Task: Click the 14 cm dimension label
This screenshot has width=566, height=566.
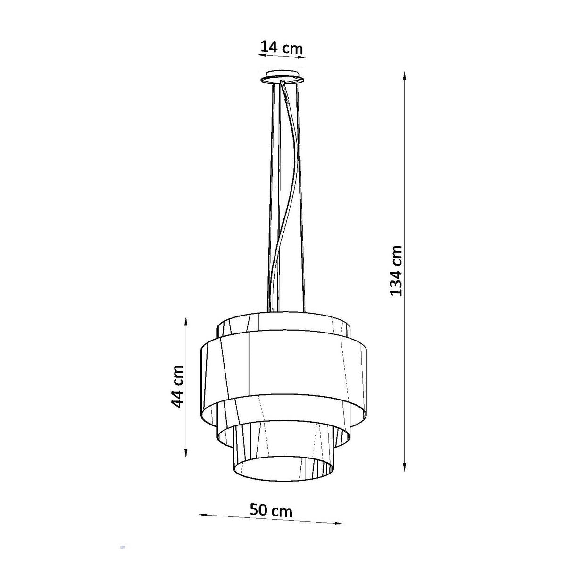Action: coord(282,47)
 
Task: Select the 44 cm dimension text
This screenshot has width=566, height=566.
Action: coord(177,387)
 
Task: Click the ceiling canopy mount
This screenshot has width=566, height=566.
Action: coord(282,77)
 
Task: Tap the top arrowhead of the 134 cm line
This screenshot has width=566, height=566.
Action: coord(404,76)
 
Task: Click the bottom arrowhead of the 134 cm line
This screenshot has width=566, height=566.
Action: coord(404,467)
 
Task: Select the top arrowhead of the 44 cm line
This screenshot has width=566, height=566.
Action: coord(186,323)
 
